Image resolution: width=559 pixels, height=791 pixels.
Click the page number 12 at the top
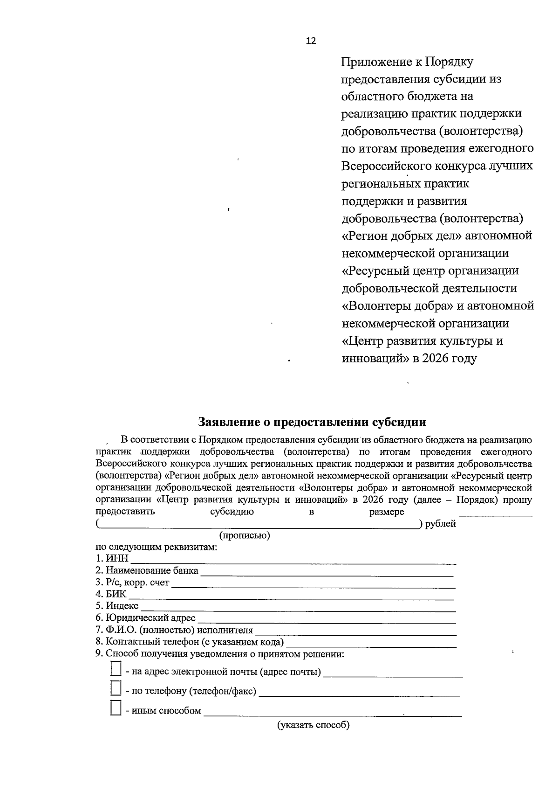click(311, 41)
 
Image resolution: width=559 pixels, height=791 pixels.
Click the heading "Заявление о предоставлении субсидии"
click(312, 422)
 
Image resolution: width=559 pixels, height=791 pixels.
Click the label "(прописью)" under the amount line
click(245, 535)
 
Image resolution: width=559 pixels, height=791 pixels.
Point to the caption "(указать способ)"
click(314, 725)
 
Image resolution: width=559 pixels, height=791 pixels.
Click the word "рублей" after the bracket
click(440, 524)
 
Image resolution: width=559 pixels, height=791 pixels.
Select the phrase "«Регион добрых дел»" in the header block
click(401, 236)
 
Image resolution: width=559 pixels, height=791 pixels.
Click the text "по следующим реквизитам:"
click(157, 547)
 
